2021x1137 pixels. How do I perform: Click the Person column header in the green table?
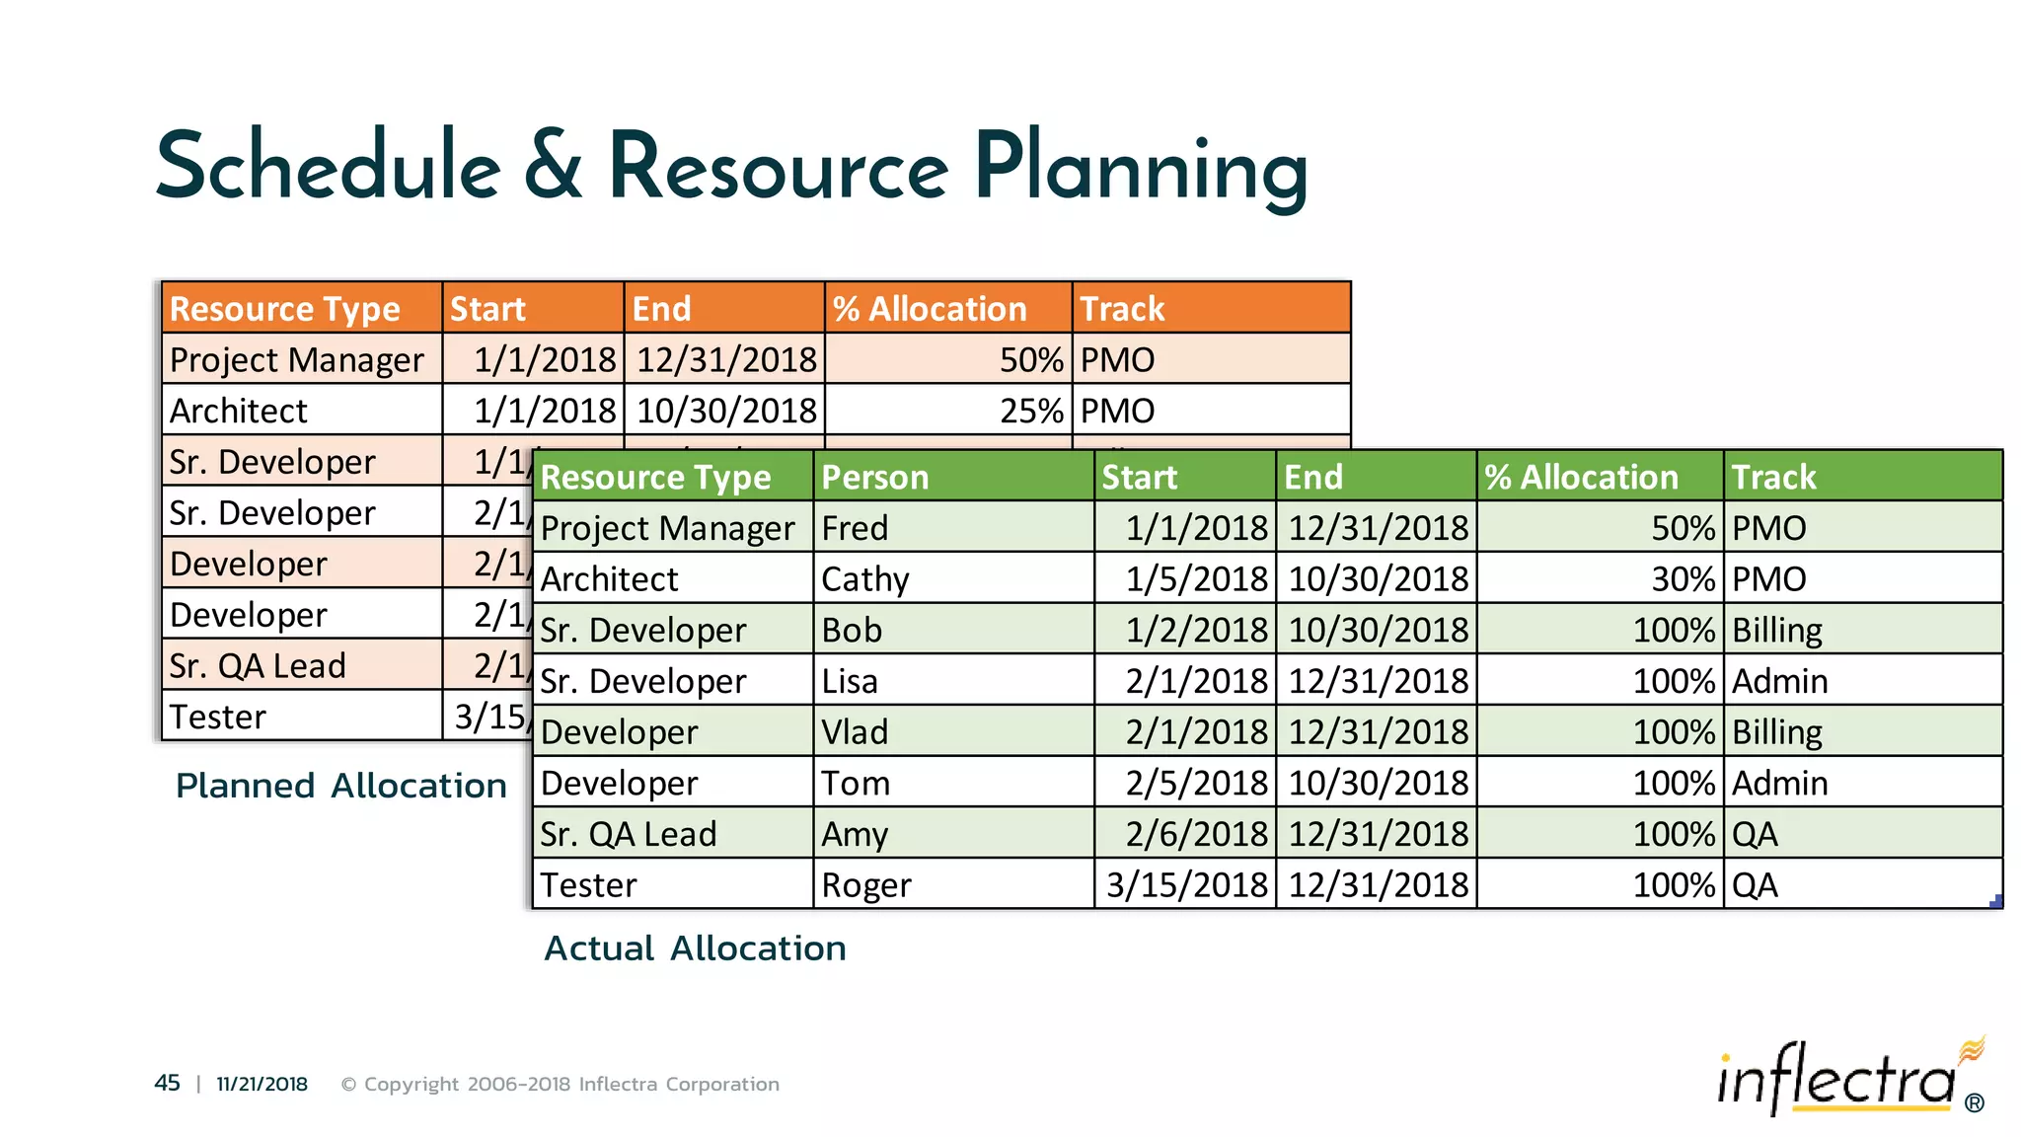point(875,478)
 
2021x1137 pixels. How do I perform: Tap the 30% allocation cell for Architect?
point(1683,579)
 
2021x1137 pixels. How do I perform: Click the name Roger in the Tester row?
point(866,885)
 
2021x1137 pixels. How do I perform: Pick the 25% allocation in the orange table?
point(1031,411)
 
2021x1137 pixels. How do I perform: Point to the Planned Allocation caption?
point(340,786)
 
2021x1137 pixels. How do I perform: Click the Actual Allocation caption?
point(695,948)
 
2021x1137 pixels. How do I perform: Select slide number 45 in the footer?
point(167,1084)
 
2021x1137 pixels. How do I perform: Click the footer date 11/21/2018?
point(262,1084)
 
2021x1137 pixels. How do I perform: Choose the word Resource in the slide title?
point(779,167)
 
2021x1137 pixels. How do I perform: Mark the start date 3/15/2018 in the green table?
point(1186,885)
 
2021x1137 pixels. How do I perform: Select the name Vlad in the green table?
point(855,732)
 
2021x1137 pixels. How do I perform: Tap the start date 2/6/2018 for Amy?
point(1196,835)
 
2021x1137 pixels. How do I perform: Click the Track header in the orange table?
point(1122,309)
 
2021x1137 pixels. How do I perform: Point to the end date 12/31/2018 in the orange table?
point(726,360)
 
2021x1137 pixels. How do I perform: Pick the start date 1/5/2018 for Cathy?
point(1196,579)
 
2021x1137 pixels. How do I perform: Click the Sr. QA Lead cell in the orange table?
point(258,666)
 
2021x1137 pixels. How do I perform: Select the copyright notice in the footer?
point(560,1084)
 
